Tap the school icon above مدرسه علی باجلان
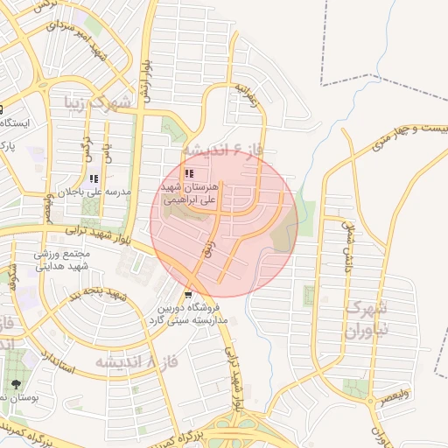point(94,178)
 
